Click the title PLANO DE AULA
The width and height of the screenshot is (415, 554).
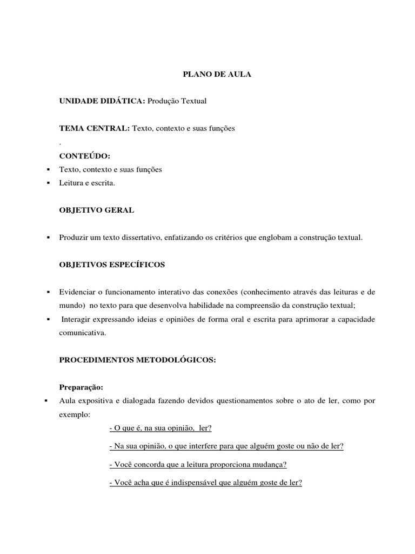[x=216, y=75]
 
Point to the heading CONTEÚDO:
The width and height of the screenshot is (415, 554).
[x=84, y=156]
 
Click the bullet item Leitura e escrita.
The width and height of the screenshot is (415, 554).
[x=88, y=183]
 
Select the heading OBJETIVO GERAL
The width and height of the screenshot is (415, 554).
[x=97, y=210]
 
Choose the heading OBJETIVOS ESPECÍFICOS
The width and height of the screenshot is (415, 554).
[x=112, y=265]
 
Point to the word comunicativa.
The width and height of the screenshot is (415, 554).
[x=83, y=333]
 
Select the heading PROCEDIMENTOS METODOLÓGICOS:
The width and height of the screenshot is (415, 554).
[x=137, y=360]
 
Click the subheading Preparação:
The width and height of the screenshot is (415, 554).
[x=81, y=387]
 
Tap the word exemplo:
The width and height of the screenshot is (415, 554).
[x=75, y=415]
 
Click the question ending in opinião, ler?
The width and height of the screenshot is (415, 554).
[x=160, y=428]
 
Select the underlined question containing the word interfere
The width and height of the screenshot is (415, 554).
[x=226, y=446]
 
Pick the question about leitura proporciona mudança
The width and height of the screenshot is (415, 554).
[x=198, y=464]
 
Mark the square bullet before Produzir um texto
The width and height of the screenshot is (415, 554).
[x=49, y=238]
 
